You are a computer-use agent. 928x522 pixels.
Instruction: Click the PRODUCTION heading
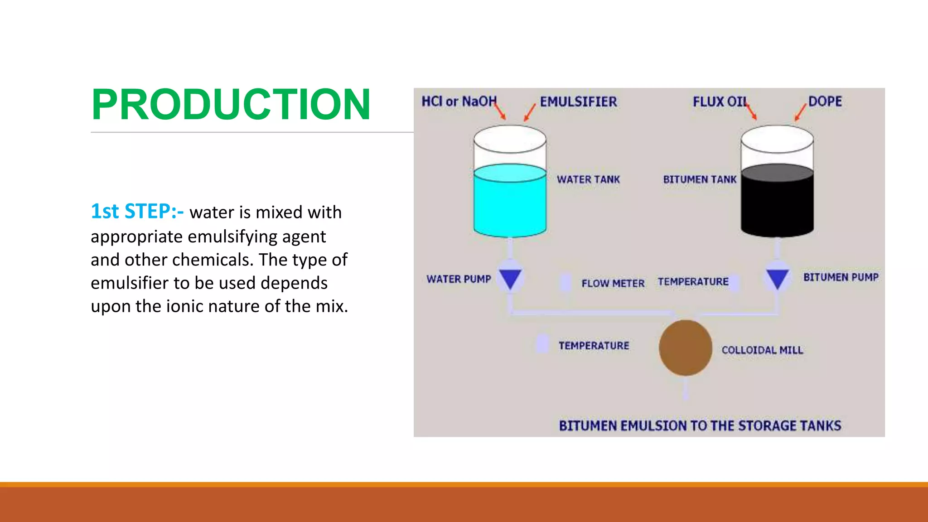(231, 105)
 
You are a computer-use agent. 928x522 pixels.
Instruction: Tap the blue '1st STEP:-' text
(137, 212)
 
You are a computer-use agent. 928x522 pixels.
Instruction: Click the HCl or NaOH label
(459, 101)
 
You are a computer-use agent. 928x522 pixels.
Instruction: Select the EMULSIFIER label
(578, 101)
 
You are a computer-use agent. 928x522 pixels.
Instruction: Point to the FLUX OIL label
(720, 101)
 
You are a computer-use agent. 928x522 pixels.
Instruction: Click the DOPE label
(825, 101)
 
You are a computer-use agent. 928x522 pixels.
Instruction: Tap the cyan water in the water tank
(510, 206)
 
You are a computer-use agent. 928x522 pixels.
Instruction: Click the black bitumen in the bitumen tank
(777, 206)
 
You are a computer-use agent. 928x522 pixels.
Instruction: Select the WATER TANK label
(588, 179)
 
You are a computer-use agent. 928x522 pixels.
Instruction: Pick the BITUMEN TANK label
(700, 179)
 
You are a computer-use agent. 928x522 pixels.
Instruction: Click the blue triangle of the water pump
(510, 278)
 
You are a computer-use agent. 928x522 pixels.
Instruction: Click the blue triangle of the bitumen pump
(778, 278)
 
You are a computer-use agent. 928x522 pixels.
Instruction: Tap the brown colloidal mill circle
(685, 348)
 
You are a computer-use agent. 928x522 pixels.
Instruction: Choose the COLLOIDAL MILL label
(762, 350)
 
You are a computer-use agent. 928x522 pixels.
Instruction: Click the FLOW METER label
(613, 284)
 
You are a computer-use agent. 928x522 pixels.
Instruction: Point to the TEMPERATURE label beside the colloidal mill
(594, 346)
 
